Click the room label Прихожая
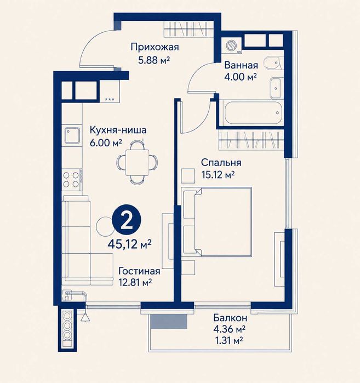pyautogui.click(x=155, y=47)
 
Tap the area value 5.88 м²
pyautogui.click(x=154, y=60)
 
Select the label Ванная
pyautogui.click(x=241, y=65)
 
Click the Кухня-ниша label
pyautogui.click(x=118, y=130)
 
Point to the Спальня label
pyautogui.click(x=221, y=162)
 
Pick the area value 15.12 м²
pyautogui.click(x=218, y=175)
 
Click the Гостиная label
pyautogui.click(x=139, y=271)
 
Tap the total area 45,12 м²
pyautogui.click(x=130, y=244)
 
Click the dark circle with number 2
pyautogui.click(x=127, y=221)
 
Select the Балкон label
pyautogui.click(x=230, y=318)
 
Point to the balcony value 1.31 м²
pyautogui.click(x=228, y=340)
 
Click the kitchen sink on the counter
pyautogui.click(x=72, y=135)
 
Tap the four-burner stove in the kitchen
pyautogui.click(x=71, y=179)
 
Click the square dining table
pyautogui.click(x=137, y=162)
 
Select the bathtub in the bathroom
pyautogui.click(x=252, y=113)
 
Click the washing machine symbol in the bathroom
pyautogui.click(x=231, y=45)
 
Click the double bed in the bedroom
pyautogui.click(x=217, y=222)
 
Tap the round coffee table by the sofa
pyautogui.click(x=104, y=225)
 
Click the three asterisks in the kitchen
pyautogui.click(x=110, y=99)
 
